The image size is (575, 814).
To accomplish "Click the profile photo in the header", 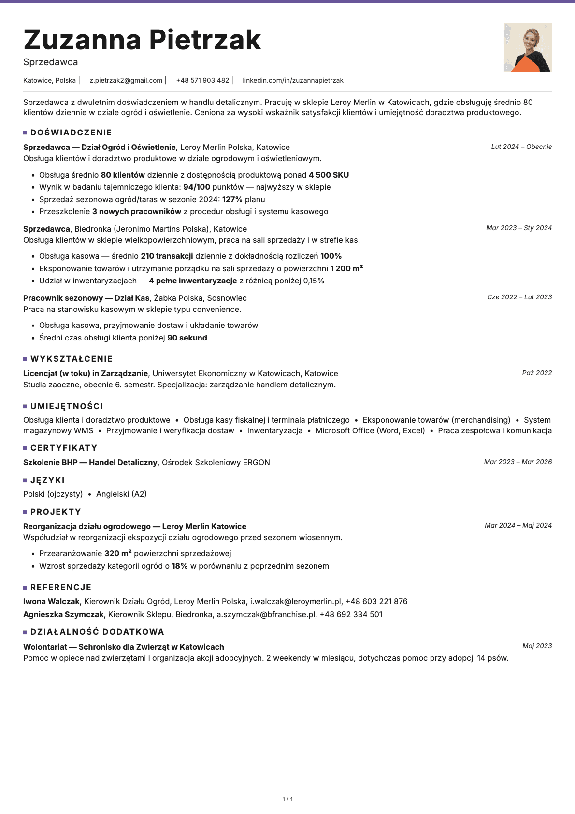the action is [x=528, y=47].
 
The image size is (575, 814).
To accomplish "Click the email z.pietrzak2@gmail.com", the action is [x=126, y=80].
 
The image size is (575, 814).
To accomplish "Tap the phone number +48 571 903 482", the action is [x=202, y=80].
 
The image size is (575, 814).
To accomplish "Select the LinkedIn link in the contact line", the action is [x=293, y=80].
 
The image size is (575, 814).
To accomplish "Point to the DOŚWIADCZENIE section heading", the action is [x=71, y=133].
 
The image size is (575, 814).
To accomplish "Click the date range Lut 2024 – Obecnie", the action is [x=521, y=147].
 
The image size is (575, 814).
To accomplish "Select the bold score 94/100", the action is [x=197, y=187].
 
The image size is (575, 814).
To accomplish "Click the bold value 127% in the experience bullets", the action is [x=232, y=199].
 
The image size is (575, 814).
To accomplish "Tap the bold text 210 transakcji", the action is [x=167, y=256].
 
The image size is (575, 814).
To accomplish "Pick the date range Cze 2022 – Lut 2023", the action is [x=519, y=297].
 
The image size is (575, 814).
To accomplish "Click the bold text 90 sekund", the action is [x=187, y=338].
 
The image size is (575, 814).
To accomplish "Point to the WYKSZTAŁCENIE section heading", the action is [x=72, y=359].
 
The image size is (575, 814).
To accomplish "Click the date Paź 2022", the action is [x=537, y=373].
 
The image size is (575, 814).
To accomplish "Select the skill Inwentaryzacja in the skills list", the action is [x=274, y=430].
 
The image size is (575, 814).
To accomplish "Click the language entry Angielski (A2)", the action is [x=121, y=494].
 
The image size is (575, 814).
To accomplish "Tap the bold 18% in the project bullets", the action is [x=180, y=566].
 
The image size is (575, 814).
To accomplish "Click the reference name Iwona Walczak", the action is [x=51, y=601].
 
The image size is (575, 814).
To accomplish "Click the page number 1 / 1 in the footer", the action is [x=287, y=799].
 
